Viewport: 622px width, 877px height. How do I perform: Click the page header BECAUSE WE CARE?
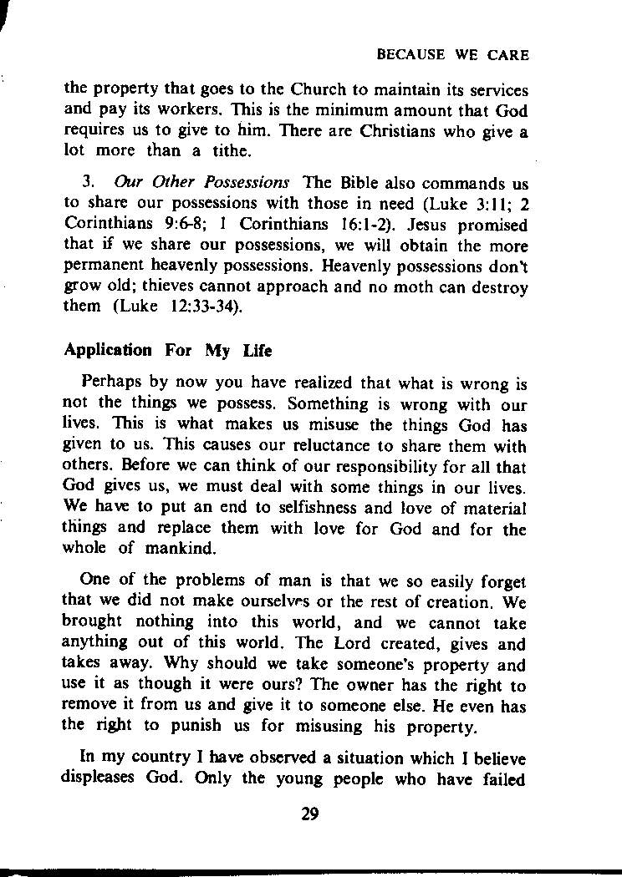(x=452, y=55)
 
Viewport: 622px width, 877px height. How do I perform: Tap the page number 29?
(x=310, y=815)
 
